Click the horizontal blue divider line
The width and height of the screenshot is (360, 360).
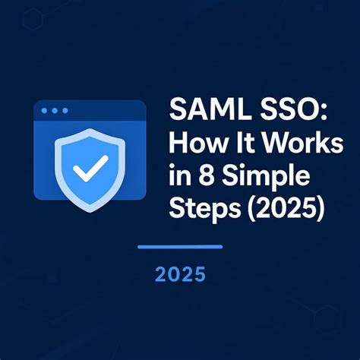[x=179, y=247]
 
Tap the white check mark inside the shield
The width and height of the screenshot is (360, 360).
[x=90, y=168]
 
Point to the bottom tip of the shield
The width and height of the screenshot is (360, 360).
[x=90, y=210]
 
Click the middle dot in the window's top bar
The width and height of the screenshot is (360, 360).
[x=55, y=111]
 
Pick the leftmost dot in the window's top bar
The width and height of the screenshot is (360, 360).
[x=45, y=111]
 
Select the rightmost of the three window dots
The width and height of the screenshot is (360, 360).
[x=65, y=111]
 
